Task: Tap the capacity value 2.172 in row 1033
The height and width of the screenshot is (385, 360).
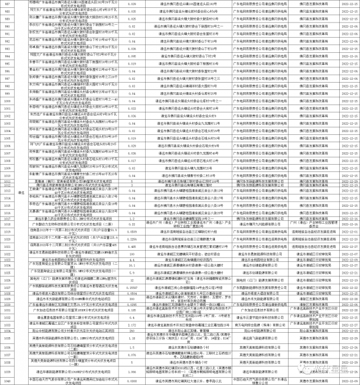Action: pos(132,325)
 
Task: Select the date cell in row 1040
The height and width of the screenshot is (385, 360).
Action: pos(344,380)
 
